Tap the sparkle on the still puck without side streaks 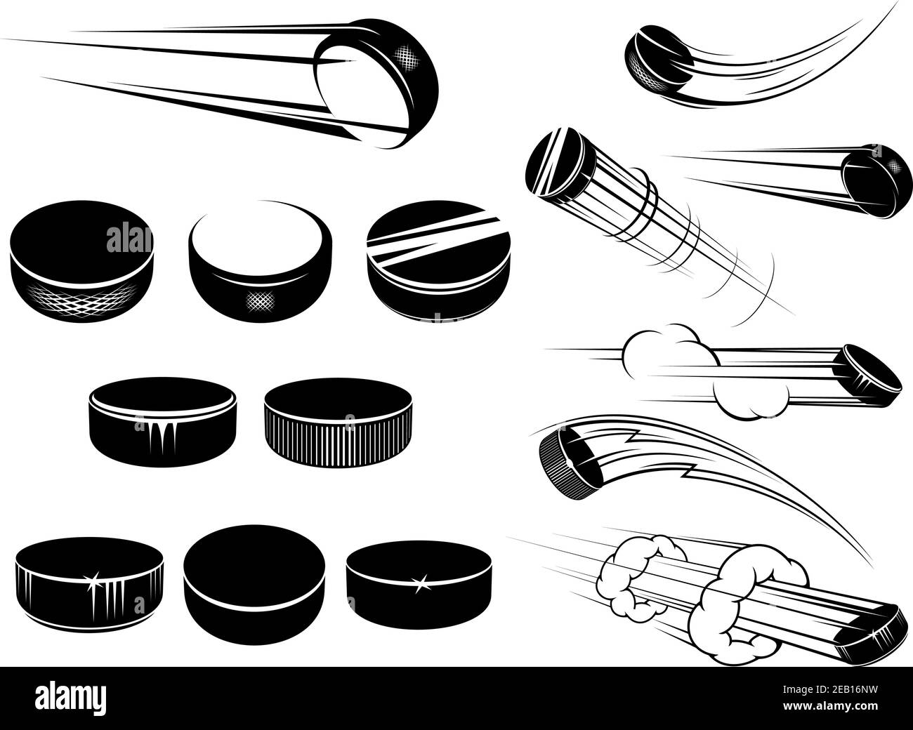(422, 582)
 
